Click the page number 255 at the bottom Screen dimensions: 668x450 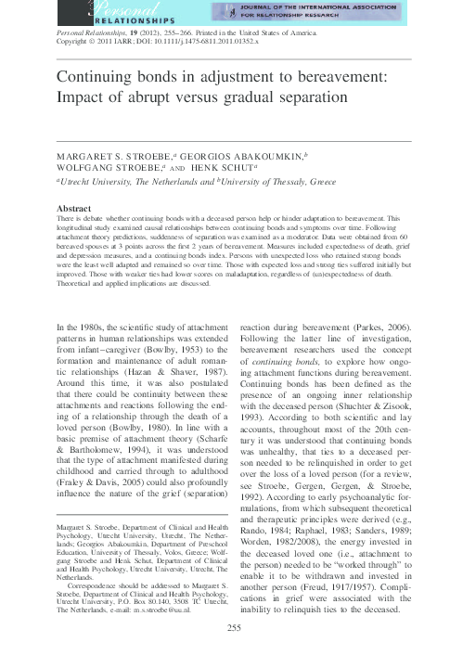232,655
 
